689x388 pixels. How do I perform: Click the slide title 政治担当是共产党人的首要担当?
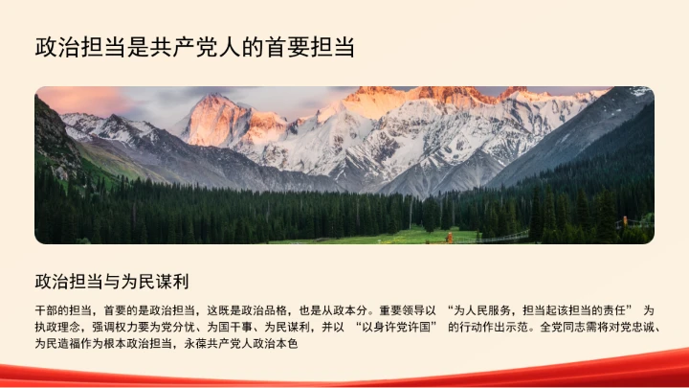tap(201, 47)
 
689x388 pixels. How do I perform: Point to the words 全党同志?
tap(561, 327)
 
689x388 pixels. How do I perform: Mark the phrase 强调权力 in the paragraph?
tap(113, 327)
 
